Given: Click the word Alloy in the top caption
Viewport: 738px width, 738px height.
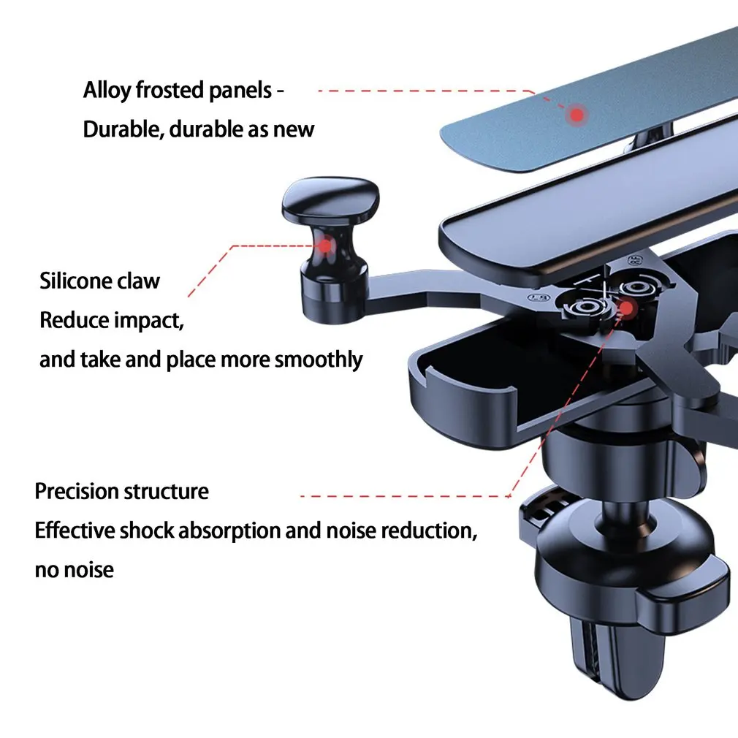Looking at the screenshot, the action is pos(107,91).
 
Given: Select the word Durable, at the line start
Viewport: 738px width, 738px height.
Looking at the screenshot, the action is pos(123,129).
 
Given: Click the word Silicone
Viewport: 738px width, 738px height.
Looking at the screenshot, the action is pos(75,281).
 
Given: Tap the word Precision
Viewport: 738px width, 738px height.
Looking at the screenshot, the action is pos(76,491).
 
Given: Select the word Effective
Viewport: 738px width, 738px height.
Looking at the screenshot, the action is pos(75,530).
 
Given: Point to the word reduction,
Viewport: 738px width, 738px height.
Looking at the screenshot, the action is pos(429,531).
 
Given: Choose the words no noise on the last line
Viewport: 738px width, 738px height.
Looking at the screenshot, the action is pos(75,570).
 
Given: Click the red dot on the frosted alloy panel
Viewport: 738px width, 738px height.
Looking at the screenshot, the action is pos(577,115).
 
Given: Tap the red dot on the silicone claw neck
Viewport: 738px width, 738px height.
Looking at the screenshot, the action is pos(324,246).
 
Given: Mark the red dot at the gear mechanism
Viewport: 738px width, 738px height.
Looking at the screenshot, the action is pos(626,308).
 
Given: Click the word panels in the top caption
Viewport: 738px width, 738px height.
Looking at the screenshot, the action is pos(240,91).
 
